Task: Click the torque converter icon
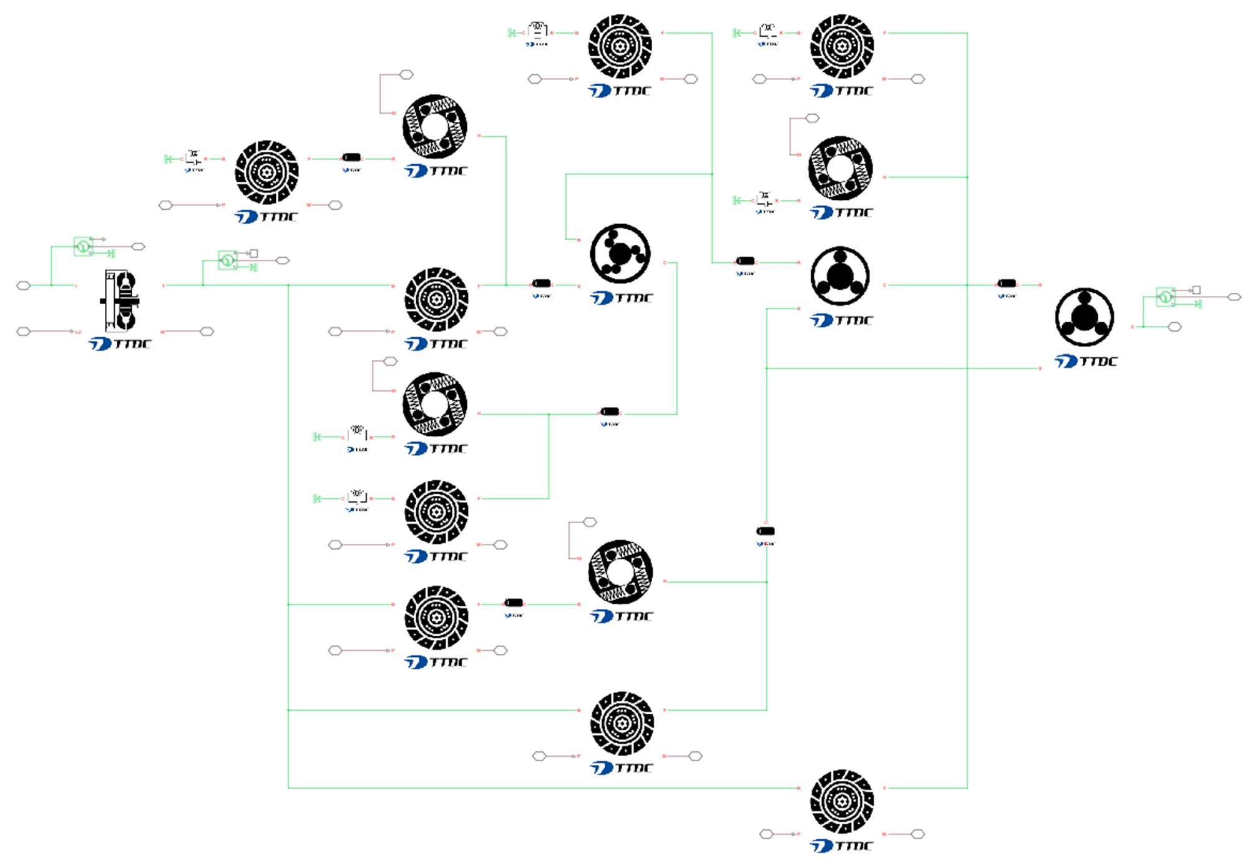point(120,301)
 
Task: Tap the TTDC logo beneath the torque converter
point(120,344)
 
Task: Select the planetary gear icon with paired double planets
point(620,254)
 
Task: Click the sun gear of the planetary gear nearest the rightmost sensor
point(1085,317)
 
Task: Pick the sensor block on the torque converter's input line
point(82,246)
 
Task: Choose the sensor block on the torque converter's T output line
point(227,260)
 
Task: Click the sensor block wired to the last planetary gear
point(1165,297)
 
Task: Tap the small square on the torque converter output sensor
point(253,254)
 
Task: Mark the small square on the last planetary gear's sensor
point(1196,290)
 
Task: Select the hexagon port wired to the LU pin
point(23,332)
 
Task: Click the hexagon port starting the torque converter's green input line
point(23,285)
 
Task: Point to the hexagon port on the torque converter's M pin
point(207,332)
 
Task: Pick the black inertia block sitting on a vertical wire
point(766,531)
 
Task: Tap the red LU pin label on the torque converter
point(79,332)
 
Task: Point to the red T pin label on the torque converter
point(164,286)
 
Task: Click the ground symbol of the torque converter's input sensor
point(111,254)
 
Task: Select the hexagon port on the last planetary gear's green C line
point(1174,327)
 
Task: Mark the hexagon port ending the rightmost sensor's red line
point(1234,297)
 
